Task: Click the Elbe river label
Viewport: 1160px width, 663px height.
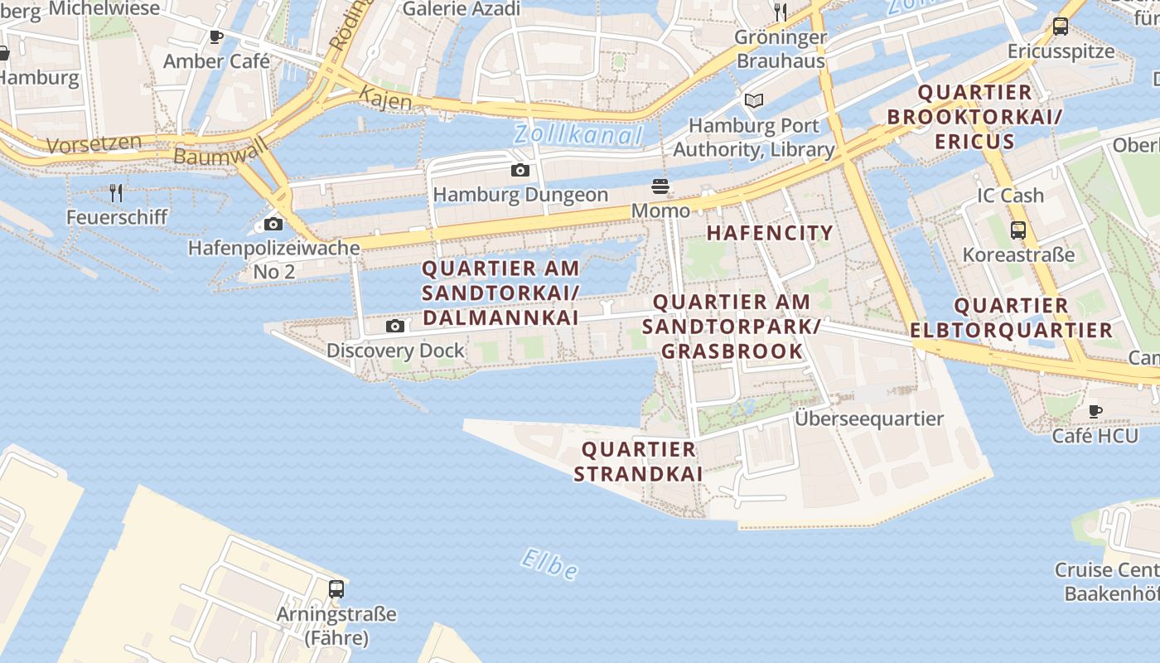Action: (x=549, y=564)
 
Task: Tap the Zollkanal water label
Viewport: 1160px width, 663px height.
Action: (x=578, y=134)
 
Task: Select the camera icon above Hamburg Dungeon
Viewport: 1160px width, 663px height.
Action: (x=520, y=171)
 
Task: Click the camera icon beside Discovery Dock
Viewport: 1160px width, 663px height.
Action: (x=395, y=327)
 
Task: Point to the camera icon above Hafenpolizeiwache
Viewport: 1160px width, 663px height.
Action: (x=273, y=225)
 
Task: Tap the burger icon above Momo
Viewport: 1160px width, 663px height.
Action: (x=660, y=186)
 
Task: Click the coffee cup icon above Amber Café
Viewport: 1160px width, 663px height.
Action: (x=216, y=37)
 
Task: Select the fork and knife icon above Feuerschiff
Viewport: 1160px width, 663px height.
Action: (x=116, y=193)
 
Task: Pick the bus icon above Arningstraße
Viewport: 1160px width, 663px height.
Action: (x=336, y=589)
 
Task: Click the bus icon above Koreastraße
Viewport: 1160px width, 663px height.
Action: (x=1018, y=230)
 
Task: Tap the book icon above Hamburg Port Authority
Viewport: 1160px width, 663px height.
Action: (x=753, y=101)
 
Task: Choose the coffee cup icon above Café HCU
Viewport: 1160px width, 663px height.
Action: (x=1095, y=411)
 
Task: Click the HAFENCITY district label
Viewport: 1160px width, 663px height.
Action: (x=770, y=233)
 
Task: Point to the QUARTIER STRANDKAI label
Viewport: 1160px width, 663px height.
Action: (x=638, y=462)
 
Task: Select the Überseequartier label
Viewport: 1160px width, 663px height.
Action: (x=869, y=419)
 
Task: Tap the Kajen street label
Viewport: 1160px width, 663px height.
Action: (x=385, y=99)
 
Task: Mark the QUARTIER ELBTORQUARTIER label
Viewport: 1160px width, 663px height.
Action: (x=1012, y=318)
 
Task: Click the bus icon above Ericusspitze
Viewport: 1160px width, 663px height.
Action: (x=1061, y=27)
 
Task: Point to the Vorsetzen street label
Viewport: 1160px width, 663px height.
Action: (x=94, y=144)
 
